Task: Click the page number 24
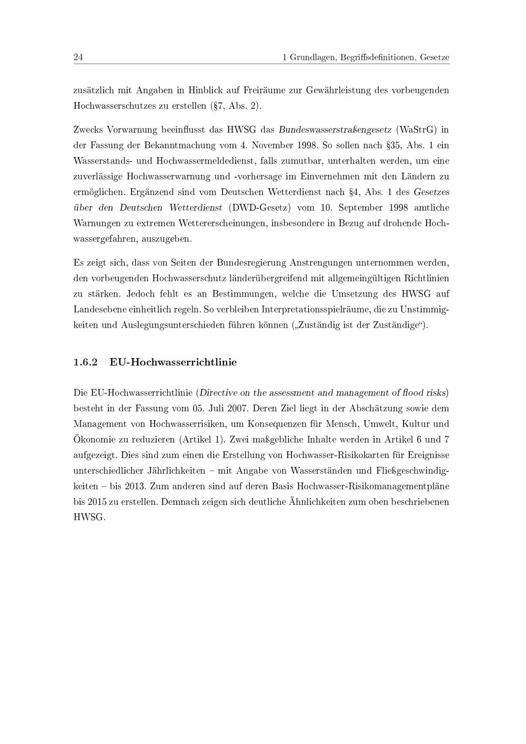[78, 57]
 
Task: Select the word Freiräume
[265, 90]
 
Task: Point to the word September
[359, 208]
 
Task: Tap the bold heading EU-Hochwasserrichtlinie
[173, 362]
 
